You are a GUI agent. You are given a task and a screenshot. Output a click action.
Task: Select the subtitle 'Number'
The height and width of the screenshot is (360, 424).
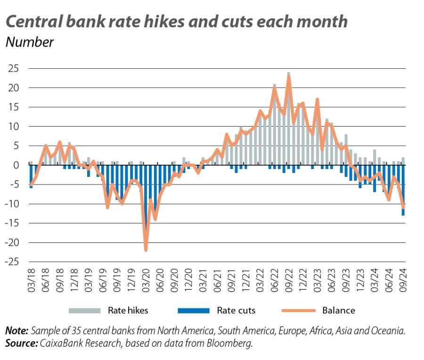click(x=29, y=42)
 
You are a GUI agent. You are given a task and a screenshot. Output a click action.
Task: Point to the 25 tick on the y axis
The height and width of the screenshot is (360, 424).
click(x=13, y=69)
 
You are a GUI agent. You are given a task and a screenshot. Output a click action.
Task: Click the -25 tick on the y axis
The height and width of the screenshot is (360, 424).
click(x=12, y=262)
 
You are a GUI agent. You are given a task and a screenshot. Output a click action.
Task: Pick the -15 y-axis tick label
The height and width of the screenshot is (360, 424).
click(x=12, y=224)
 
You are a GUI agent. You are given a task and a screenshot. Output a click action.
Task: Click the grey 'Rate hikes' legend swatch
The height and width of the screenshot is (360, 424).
click(x=85, y=311)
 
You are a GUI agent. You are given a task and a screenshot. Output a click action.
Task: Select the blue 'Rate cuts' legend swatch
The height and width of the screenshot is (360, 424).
click(x=193, y=311)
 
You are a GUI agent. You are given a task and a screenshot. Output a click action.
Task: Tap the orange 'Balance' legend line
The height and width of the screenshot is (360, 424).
click(x=298, y=311)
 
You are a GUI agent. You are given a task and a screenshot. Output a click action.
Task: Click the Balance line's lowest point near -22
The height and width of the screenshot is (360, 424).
click(x=146, y=250)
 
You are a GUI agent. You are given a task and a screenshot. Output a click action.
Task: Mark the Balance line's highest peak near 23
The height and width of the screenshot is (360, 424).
click(x=288, y=76)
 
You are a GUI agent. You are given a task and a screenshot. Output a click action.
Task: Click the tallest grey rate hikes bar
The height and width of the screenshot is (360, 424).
click(x=288, y=118)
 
